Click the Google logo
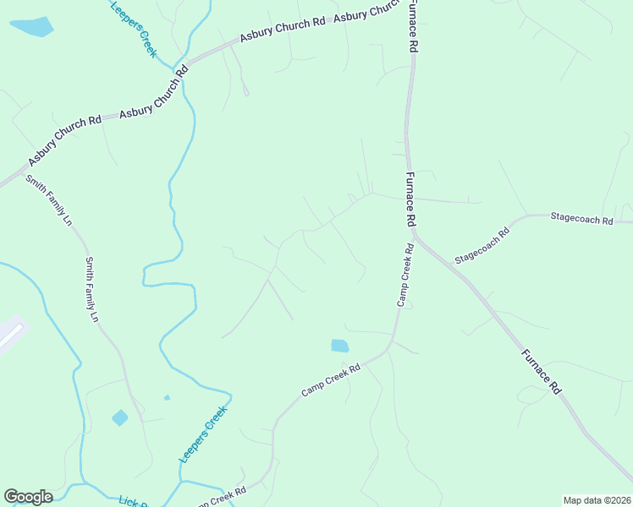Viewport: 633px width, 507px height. click(28, 497)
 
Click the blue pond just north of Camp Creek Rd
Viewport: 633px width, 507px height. click(339, 346)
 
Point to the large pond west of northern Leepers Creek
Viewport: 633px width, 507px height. click(31, 27)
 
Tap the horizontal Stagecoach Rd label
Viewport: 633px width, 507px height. click(581, 219)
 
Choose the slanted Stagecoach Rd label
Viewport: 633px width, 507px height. click(482, 246)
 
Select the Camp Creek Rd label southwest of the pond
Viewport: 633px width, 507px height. click(331, 380)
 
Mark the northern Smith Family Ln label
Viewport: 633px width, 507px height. click(48, 200)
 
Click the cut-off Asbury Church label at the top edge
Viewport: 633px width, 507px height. click(366, 13)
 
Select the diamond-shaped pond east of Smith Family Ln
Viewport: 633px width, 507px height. click(119, 417)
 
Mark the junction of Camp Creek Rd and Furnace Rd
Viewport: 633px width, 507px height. click(411, 230)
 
